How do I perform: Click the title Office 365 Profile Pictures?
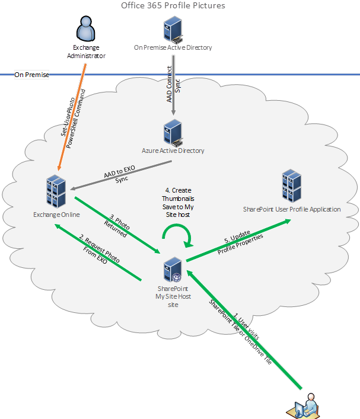(x=173, y=6)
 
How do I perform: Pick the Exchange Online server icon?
(x=57, y=190)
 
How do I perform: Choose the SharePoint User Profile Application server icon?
(x=291, y=185)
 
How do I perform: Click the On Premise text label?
(x=31, y=75)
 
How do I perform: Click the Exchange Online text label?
(x=57, y=215)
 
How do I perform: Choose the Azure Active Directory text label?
(x=173, y=151)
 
